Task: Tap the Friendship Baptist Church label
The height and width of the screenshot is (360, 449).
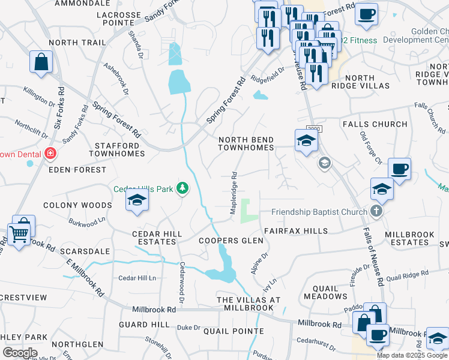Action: point(319,212)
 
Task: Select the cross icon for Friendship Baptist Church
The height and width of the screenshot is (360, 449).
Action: point(376,211)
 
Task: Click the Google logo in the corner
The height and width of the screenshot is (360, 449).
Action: point(20,353)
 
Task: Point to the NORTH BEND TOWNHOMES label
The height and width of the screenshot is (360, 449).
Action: point(246,143)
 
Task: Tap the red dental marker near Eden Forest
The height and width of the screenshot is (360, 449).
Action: point(50,154)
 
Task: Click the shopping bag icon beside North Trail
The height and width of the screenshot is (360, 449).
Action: point(41,62)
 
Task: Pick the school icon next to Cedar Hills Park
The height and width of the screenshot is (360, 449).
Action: point(137,200)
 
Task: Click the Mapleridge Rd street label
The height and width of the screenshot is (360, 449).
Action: point(235,194)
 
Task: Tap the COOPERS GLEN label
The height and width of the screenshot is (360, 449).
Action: point(231,241)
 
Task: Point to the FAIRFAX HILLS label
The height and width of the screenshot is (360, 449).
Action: point(295,231)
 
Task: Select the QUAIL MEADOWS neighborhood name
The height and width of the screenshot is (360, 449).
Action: point(325,291)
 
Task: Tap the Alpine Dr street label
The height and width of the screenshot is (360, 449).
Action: point(260,263)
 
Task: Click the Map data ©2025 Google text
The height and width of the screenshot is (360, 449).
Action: point(412,355)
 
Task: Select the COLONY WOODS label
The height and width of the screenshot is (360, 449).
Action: point(77,205)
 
